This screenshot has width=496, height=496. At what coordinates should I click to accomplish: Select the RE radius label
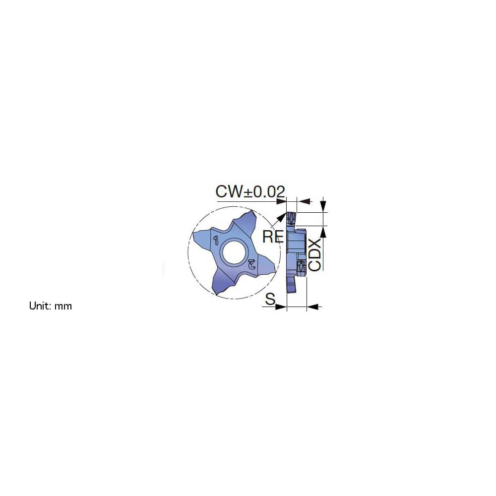[x=272, y=236]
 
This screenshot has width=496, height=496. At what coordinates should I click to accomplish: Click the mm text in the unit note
[x=63, y=306]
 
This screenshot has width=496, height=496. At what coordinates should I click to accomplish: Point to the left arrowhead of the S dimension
[x=282, y=307]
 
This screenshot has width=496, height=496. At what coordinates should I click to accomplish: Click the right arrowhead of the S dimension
[x=312, y=307]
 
